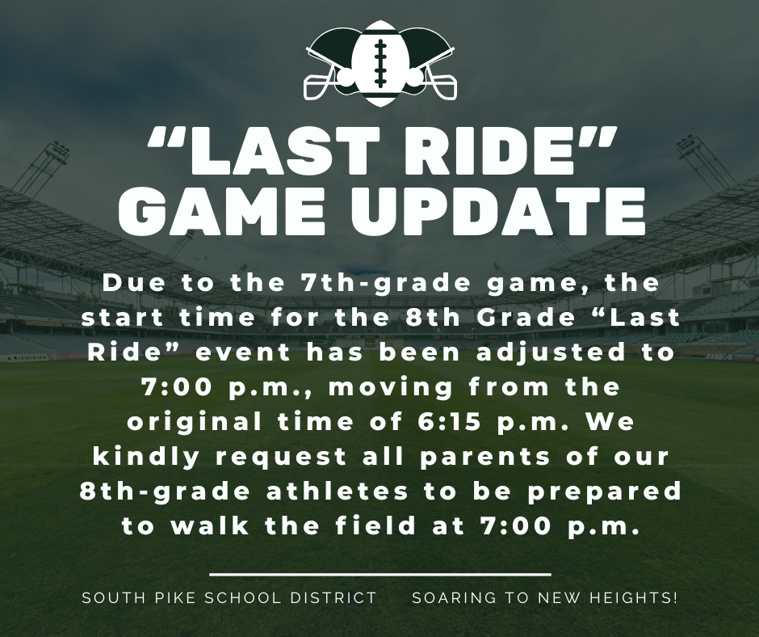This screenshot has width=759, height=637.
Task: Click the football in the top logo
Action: [380, 64]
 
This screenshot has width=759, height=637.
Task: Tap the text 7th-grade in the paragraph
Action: [385, 284]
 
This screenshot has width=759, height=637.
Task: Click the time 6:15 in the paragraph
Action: [448, 421]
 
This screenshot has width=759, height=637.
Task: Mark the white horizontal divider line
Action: [380, 575]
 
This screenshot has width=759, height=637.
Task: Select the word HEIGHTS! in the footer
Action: [634, 597]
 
